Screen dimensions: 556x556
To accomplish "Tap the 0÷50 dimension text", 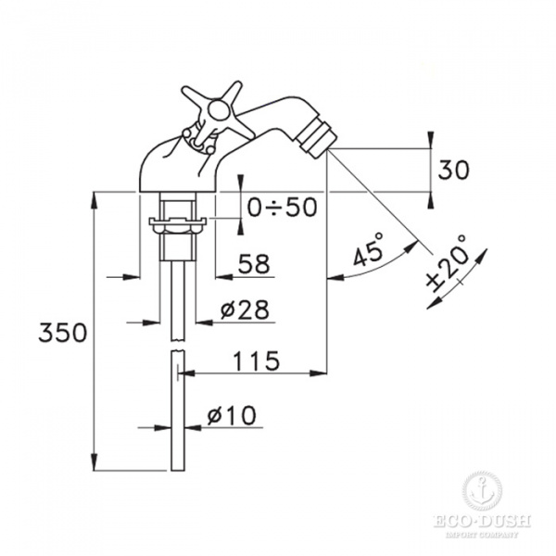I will coord(282,208).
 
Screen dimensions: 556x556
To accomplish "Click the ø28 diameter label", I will coord(246,310).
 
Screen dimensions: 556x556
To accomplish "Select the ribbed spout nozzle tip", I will coord(318,140).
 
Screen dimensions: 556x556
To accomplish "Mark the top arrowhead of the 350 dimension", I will coord(96,198).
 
